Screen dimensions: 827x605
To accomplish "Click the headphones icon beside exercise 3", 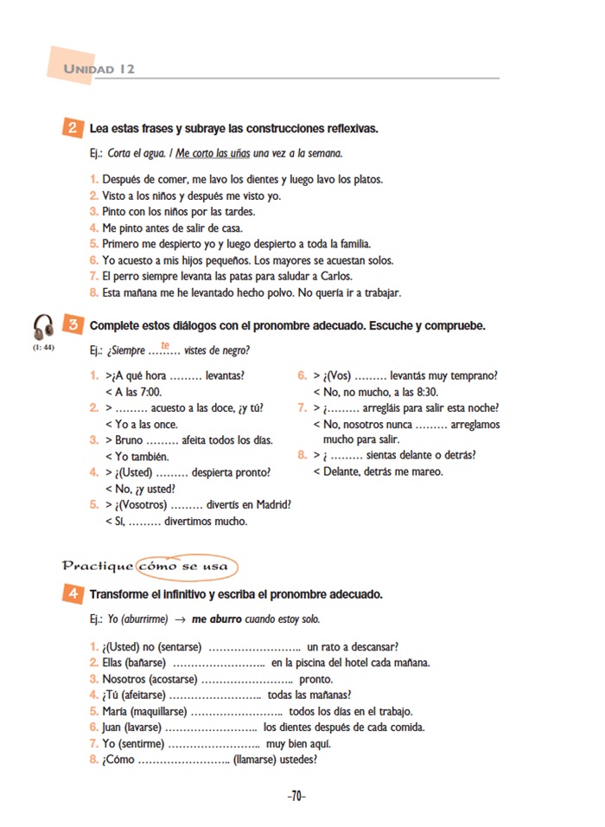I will [x=43, y=327].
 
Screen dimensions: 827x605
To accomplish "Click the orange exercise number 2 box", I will [x=73, y=128].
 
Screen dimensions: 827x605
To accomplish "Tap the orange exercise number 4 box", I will [x=73, y=594].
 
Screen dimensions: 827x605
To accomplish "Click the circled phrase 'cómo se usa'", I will [x=189, y=567].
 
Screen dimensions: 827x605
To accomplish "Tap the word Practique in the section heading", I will [x=98, y=567].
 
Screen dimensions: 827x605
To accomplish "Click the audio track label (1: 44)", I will [x=43, y=348].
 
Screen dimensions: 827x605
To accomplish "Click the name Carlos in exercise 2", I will [x=335, y=276].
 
